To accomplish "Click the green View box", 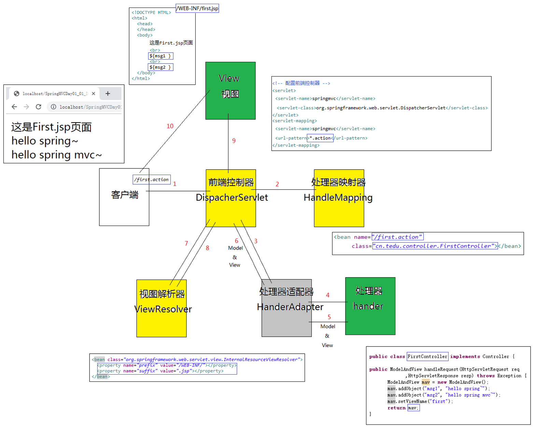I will (230, 91).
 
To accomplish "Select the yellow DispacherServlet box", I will (231, 198).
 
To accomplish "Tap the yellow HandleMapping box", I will (339, 198).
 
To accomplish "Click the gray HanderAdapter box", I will (286, 308).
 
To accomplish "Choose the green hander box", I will (370, 306).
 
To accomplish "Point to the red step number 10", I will (170, 126).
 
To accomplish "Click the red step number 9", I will (234, 141).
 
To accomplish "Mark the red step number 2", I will (277, 184).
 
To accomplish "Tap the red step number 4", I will (328, 295).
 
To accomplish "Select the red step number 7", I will (186, 243).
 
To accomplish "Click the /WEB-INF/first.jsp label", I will (197, 8).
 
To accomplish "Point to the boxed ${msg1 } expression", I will (160, 56).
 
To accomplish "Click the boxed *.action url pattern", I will (320, 138).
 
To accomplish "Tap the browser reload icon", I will (39, 107).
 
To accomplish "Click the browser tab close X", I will (94, 93).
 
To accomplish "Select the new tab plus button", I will (108, 93).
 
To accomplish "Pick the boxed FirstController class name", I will (427, 356).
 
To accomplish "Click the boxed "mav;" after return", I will (413, 408).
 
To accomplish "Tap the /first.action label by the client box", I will (152, 179).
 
